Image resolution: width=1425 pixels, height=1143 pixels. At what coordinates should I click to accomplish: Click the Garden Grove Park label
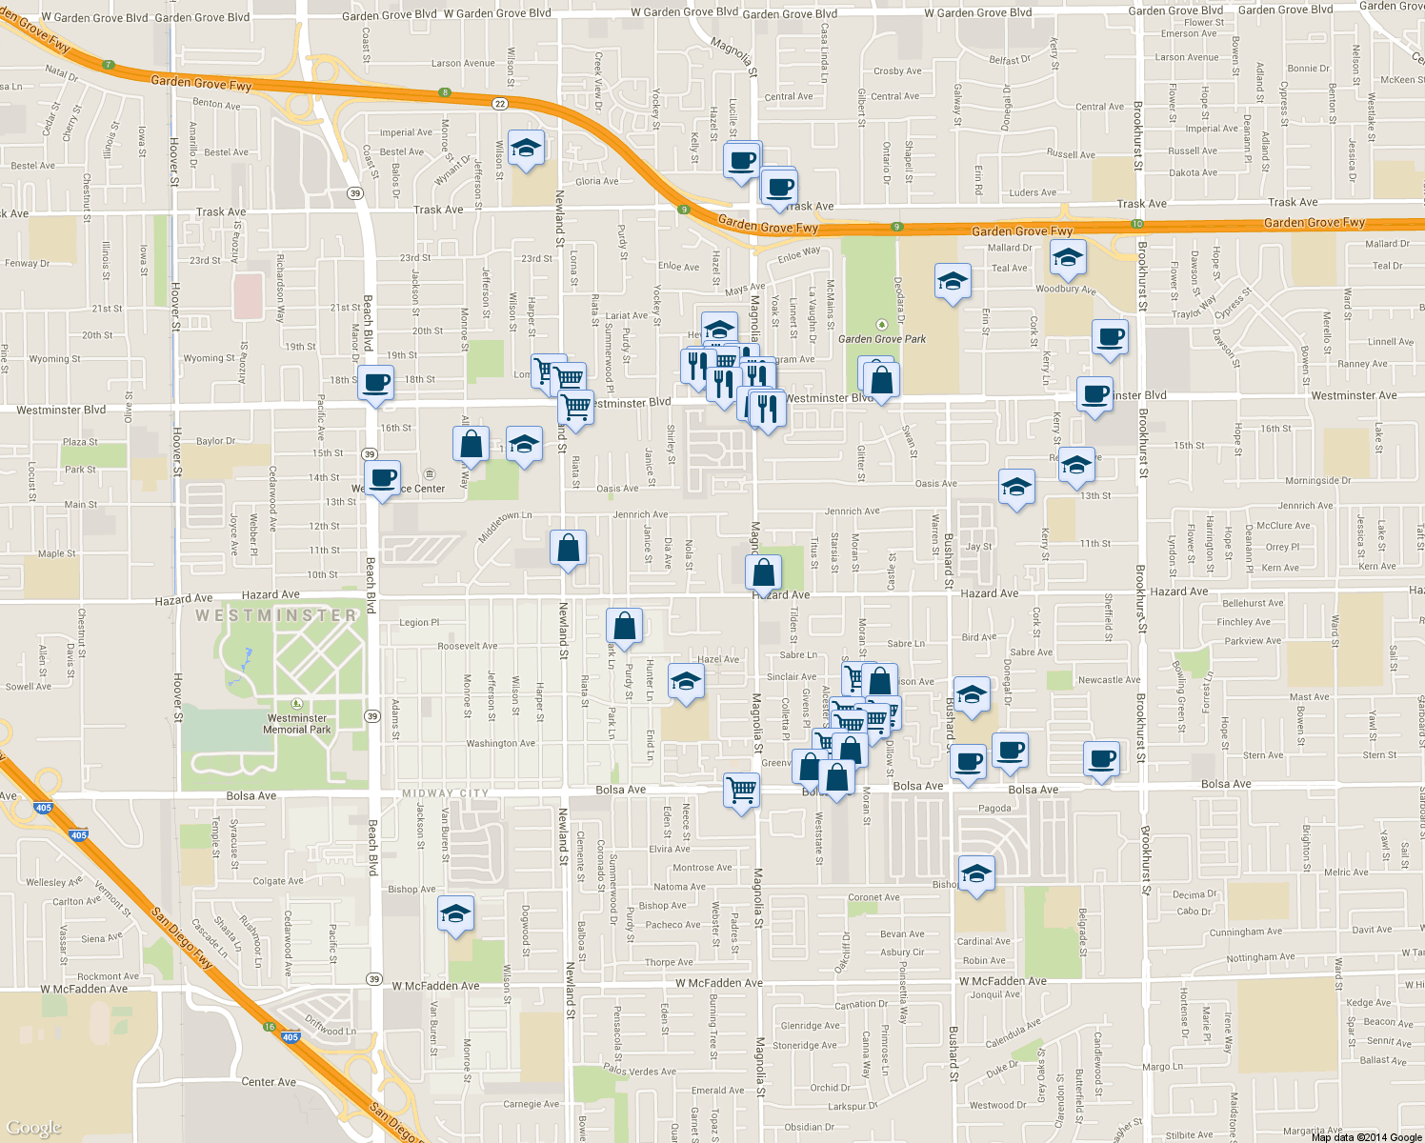(882, 339)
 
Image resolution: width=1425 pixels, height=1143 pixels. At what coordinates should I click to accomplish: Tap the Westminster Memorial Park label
(297, 724)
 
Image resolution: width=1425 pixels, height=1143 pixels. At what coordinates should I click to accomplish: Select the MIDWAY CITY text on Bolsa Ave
(445, 793)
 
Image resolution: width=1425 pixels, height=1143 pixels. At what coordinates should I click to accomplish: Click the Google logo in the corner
(34, 1128)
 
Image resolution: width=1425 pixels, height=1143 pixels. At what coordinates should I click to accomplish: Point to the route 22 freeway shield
(500, 103)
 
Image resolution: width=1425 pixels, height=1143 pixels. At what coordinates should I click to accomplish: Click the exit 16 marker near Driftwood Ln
(270, 1027)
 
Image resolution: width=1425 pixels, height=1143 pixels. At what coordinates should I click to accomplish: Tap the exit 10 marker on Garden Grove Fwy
(1137, 224)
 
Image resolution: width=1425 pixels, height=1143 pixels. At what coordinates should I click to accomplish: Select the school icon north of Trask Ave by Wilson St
(525, 149)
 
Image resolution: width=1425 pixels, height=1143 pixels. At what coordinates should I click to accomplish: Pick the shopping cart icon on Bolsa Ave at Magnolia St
(741, 790)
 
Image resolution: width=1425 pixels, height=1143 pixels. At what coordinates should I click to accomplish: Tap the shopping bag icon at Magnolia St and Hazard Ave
(764, 572)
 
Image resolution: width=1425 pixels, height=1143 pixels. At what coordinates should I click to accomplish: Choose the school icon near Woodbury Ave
(1068, 257)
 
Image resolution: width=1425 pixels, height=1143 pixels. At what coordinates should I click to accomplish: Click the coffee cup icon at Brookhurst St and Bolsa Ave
(1102, 759)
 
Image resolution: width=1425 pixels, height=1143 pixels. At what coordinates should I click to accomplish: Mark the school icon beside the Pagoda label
(976, 872)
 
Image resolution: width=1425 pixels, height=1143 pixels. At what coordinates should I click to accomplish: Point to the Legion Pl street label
(419, 623)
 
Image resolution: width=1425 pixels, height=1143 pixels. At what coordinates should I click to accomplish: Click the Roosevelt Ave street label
(468, 646)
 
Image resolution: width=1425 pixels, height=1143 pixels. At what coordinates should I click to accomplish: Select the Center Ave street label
(269, 1082)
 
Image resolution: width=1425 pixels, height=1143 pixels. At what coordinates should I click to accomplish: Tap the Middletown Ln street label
(505, 526)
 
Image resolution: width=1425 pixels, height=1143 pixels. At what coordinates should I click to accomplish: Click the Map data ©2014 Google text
(1366, 1137)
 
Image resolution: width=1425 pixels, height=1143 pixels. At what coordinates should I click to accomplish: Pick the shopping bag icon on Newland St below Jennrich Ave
(569, 549)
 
